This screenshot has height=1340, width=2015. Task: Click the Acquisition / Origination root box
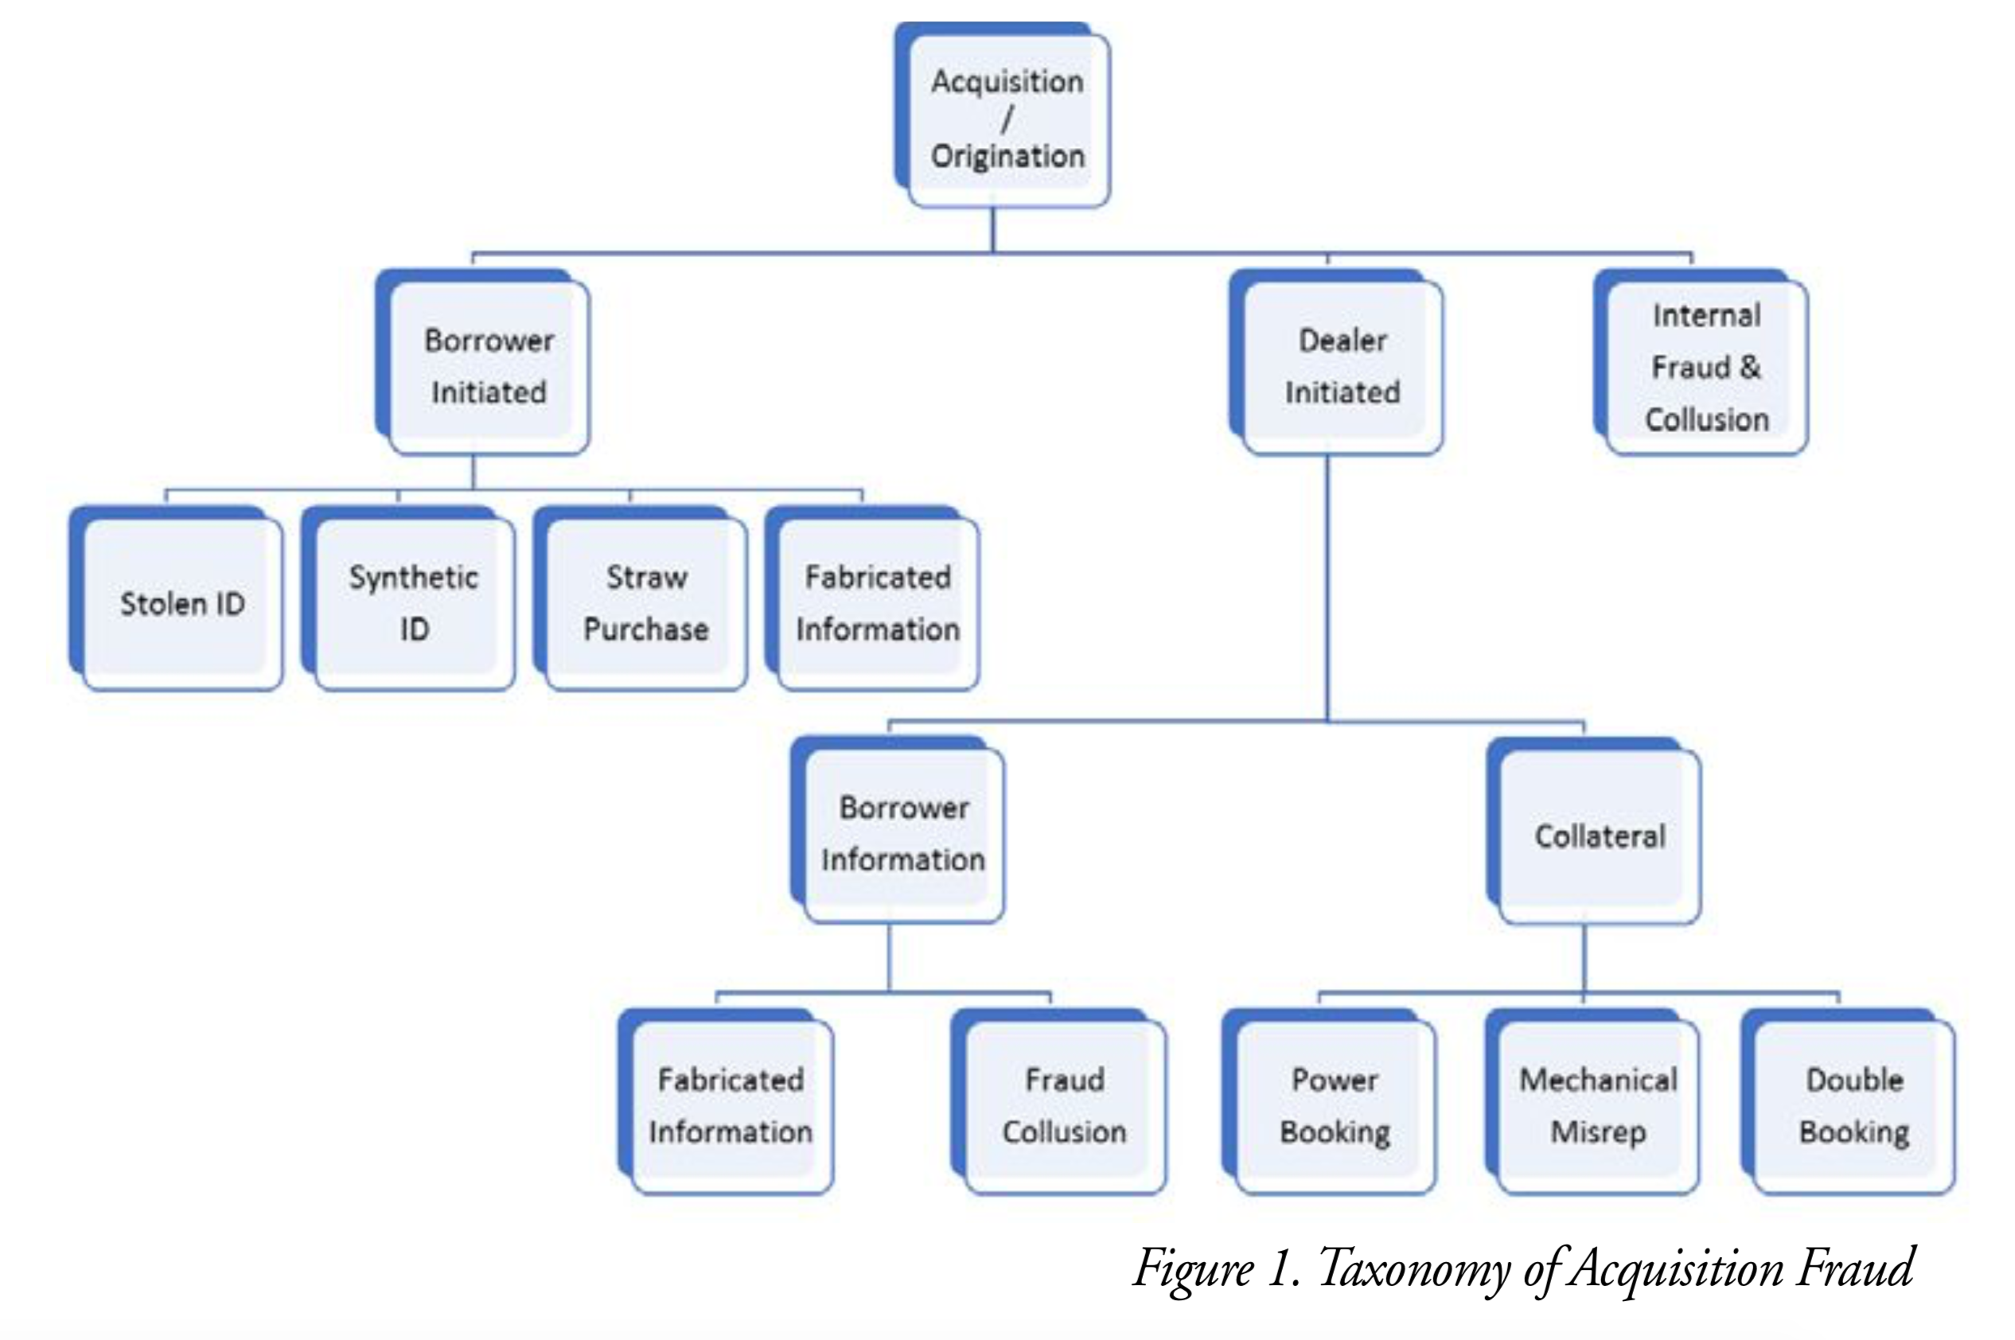pyautogui.click(x=1007, y=118)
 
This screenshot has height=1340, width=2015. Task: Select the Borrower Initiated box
pyautogui.click(x=488, y=366)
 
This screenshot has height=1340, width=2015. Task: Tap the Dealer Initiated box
pyautogui.click(x=1342, y=366)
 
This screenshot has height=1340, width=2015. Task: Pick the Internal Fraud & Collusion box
pyautogui.click(x=1705, y=366)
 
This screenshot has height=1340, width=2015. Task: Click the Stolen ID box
pyautogui.click(x=182, y=602)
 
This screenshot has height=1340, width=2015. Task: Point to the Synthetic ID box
pyautogui.click(x=414, y=602)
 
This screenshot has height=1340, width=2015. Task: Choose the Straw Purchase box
pyautogui.click(x=646, y=602)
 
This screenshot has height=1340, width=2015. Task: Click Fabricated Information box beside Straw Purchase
pyautogui.click(x=878, y=602)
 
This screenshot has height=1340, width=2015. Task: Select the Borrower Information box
pyautogui.click(x=903, y=832)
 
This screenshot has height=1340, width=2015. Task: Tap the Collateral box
pyautogui.click(x=1599, y=834)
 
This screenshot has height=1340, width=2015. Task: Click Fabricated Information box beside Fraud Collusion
pyautogui.click(x=731, y=1105)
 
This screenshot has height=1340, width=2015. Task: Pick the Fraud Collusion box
pyautogui.click(x=1064, y=1105)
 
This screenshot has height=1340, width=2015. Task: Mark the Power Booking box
pyautogui.click(x=1334, y=1105)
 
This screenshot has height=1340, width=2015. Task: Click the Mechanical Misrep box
pyautogui.click(x=1598, y=1105)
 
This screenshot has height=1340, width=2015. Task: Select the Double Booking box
pyautogui.click(x=1853, y=1105)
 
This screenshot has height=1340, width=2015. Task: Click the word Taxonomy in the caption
pyautogui.click(x=1415, y=1270)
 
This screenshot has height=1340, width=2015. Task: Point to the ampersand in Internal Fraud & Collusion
pyautogui.click(x=1749, y=367)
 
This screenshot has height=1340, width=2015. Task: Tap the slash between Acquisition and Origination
pyautogui.click(x=1007, y=119)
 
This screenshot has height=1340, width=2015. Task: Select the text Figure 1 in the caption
pyautogui.click(x=1214, y=1268)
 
